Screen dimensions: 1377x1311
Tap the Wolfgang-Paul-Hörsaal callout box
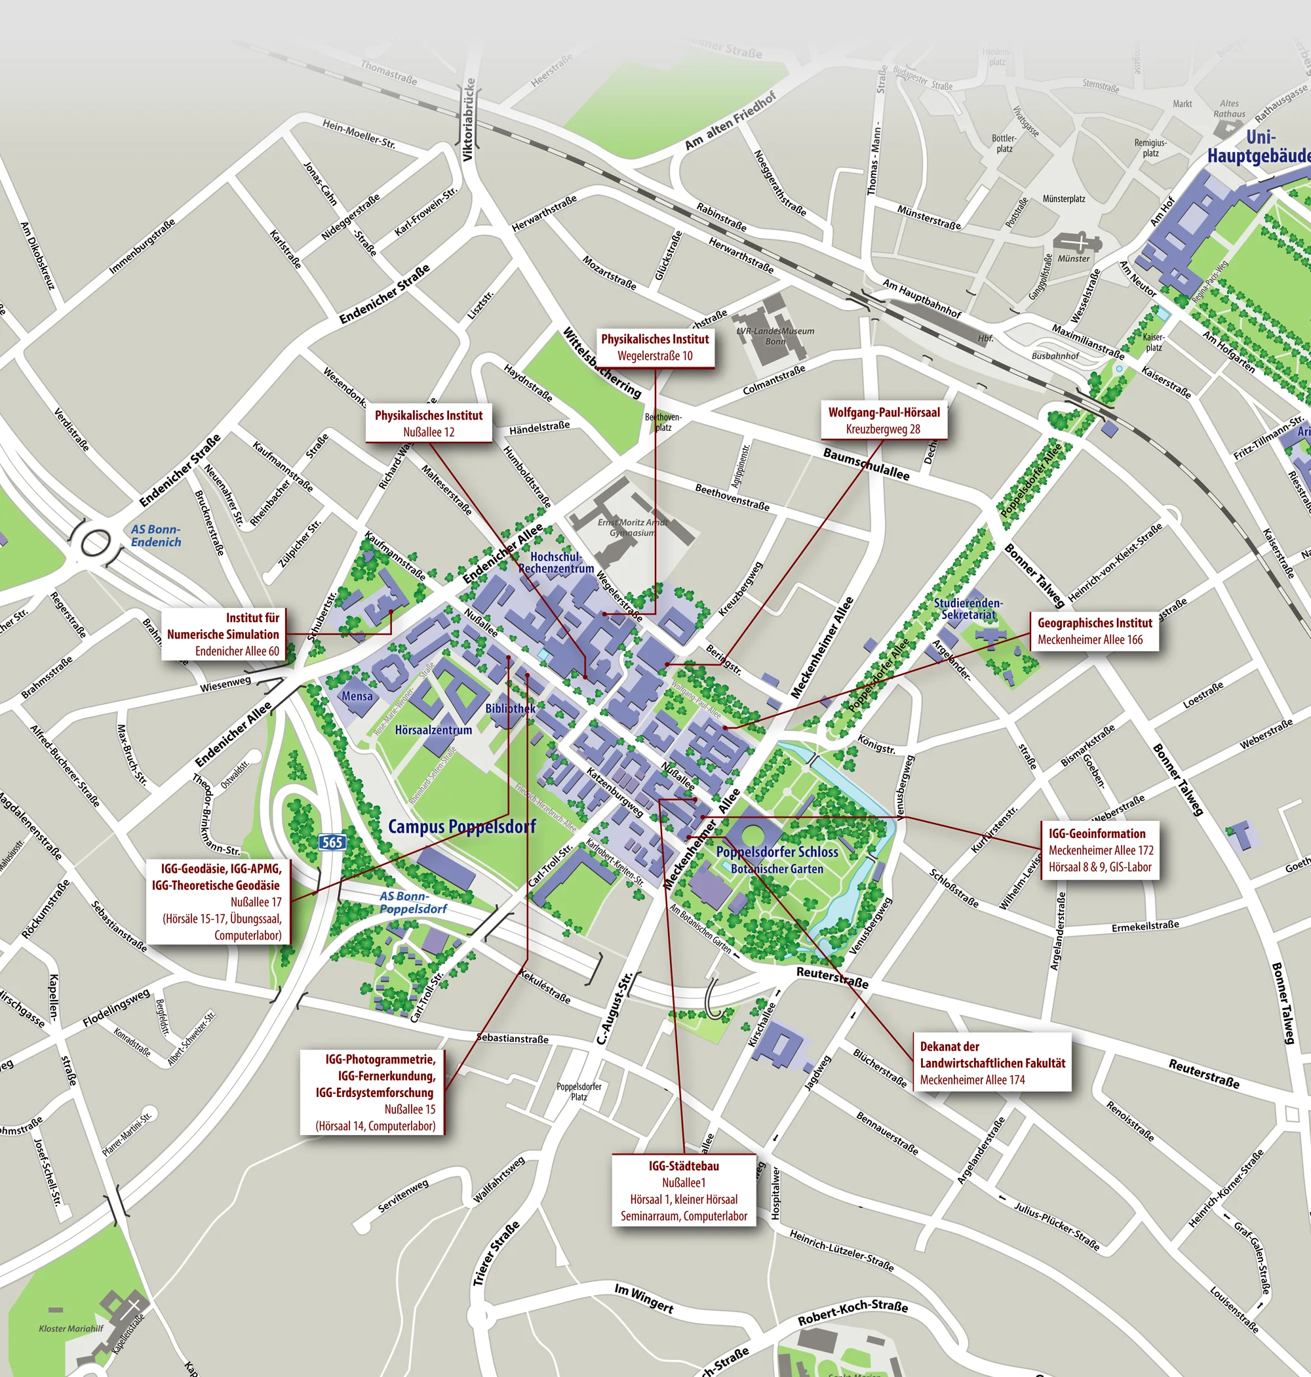point(884,420)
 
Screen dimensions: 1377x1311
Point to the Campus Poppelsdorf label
point(462,826)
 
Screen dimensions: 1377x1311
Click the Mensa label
point(357,696)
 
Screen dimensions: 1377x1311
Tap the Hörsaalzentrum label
point(433,730)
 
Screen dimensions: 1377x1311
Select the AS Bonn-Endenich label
point(156,536)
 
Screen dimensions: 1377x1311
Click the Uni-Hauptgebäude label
point(1258,147)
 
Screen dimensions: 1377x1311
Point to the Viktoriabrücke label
point(469,119)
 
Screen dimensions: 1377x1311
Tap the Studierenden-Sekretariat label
point(968,608)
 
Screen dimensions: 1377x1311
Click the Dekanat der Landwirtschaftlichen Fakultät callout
point(992,1062)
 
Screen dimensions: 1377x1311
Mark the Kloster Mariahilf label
point(71,1328)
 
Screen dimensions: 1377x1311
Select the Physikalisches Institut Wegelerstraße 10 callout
point(655,348)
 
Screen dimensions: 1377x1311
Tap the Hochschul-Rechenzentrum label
point(556,562)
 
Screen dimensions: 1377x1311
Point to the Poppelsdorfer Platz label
point(579,1091)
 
